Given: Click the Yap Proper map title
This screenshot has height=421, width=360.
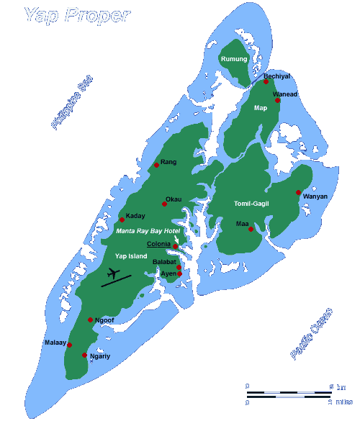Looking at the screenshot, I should [x=77, y=14].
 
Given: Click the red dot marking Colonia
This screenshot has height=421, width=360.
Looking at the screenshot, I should [x=175, y=246].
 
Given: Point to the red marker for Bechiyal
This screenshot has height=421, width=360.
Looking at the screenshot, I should [x=266, y=82].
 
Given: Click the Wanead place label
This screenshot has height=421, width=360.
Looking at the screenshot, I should [x=285, y=94].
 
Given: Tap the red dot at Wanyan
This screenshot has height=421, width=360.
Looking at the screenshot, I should [x=298, y=192].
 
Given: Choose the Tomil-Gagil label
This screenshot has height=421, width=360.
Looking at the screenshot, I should [x=251, y=204].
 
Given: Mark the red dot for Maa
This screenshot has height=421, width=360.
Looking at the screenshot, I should [x=251, y=230].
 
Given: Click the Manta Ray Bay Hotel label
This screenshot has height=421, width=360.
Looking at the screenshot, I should [x=147, y=231].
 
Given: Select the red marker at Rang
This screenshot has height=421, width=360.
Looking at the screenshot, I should [x=156, y=166].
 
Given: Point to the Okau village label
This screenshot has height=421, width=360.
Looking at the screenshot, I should [x=174, y=199].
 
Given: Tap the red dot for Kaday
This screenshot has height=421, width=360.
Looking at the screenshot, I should [x=122, y=220].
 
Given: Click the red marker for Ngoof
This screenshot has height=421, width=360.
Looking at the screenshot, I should [x=90, y=320].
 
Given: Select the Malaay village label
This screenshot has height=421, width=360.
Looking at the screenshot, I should [x=55, y=342].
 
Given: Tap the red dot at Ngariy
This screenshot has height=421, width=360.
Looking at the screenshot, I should [x=85, y=355].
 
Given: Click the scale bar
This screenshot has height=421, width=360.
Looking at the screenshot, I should [x=288, y=394].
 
